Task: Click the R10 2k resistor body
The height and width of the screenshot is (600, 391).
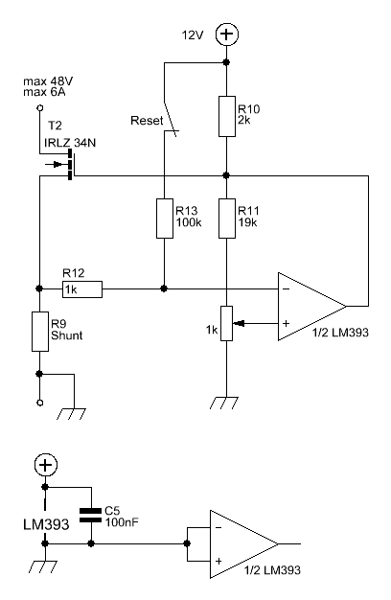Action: click(227, 116)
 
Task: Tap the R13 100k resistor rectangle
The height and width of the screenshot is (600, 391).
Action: click(165, 219)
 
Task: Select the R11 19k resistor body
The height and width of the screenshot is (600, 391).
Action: click(227, 219)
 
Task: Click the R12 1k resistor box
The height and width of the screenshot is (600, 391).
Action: click(82, 289)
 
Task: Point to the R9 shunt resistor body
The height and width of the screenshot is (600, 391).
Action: click(40, 332)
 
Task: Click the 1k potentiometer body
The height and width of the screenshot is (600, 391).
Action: click(227, 323)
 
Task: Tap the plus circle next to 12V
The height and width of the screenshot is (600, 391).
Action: click(227, 35)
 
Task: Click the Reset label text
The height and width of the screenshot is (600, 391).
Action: click(147, 121)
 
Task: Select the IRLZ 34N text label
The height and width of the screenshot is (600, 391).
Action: click(70, 143)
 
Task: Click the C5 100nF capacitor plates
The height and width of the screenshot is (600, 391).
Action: click(91, 516)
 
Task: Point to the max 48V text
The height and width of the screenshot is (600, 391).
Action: click(48, 81)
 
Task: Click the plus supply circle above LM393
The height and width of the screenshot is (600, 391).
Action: click(46, 465)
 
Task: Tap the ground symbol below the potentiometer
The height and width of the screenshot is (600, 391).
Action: click(224, 403)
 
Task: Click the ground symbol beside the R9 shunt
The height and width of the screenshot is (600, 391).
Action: click(71, 414)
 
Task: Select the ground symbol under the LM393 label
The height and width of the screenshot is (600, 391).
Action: click(43, 566)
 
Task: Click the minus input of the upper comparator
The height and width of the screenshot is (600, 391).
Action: click(286, 288)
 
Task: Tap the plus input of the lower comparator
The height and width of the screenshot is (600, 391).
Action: click(218, 561)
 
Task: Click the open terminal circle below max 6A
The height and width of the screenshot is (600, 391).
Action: click(39, 108)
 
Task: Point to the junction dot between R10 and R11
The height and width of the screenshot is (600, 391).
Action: click(226, 175)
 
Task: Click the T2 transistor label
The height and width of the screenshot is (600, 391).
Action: click(55, 126)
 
